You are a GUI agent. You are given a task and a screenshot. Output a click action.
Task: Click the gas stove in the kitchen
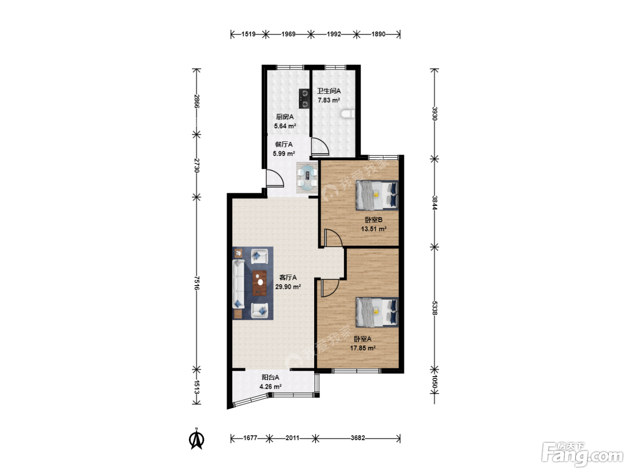click(304, 99)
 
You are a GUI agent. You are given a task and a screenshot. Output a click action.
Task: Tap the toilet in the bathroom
click(348, 114)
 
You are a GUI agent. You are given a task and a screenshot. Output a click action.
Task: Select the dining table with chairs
click(307, 178)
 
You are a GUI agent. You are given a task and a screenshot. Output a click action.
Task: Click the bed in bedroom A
click(377, 312)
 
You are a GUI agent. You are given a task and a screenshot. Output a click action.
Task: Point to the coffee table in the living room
click(260, 283)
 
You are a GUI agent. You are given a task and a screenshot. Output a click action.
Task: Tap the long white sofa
click(238, 284)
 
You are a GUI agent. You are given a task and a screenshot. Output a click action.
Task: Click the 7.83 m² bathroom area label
click(329, 100)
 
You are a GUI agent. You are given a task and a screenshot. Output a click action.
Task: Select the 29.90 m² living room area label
click(288, 287)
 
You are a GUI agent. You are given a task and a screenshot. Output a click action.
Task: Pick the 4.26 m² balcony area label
click(270, 387)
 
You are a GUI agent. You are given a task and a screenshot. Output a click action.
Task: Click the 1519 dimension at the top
click(248, 34)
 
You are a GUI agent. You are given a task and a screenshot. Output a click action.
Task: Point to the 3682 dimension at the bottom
click(358, 438)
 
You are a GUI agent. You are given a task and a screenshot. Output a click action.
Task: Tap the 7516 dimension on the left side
click(197, 283)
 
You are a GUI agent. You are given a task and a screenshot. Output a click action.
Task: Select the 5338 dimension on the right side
click(434, 308)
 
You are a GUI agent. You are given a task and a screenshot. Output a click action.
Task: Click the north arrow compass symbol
click(197, 438)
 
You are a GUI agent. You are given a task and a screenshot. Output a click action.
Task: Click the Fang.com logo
click(582, 454)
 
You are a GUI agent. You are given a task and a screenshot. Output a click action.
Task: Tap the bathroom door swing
click(320, 146)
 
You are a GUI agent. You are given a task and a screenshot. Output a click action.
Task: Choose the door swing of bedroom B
click(333, 238)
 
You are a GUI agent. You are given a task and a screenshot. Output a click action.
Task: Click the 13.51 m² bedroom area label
click(374, 229)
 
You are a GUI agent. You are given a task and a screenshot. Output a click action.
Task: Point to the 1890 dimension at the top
click(378, 34)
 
